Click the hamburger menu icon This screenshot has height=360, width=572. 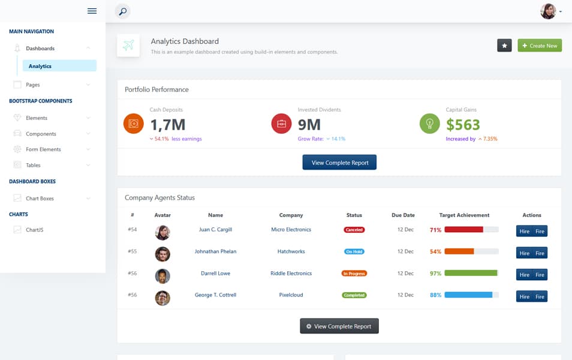pyautogui.click(x=92, y=11)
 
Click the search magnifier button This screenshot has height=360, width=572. pyautogui.click(x=122, y=11)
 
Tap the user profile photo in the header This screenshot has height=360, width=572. pyautogui.click(x=548, y=11)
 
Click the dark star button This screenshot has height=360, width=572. pyautogui.click(x=504, y=46)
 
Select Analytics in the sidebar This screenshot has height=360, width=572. pyautogui.click(x=59, y=66)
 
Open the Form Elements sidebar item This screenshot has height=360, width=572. pyautogui.click(x=43, y=149)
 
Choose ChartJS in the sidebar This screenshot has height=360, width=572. pyautogui.click(x=34, y=230)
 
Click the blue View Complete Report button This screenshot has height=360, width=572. pyautogui.click(x=339, y=163)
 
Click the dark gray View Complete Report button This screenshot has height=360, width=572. pyautogui.click(x=339, y=326)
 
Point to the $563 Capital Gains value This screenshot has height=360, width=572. pyautogui.click(x=463, y=125)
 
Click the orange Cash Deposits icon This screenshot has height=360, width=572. pyautogui.click(x=133, y=124)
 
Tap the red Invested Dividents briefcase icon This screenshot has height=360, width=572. pyautogui.click(x=281, y=124)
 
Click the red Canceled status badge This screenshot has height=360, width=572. pyautogui.click(x=354, y=230)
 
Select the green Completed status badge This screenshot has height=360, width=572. pyautogui.click(x=354, y=295)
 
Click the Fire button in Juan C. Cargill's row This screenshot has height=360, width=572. pyautogui.click(x=540, y=231)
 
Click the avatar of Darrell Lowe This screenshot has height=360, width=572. pyautogui.click(x=162, y=276)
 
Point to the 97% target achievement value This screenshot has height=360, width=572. pyautogui.click(x=435, y=274)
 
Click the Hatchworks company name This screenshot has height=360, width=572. pyautogui.click(x=291, y=251)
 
